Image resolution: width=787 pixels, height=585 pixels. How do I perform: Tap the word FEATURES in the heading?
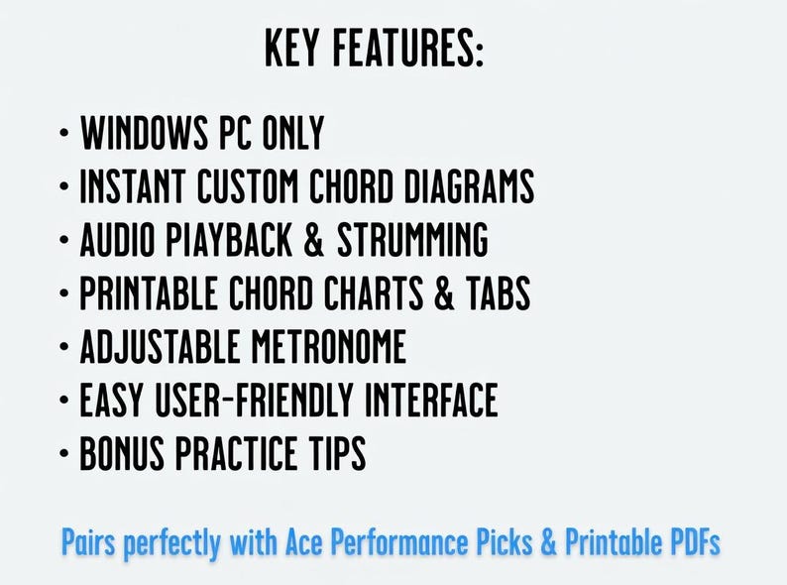pyautogui.click(x=410, y=49)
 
